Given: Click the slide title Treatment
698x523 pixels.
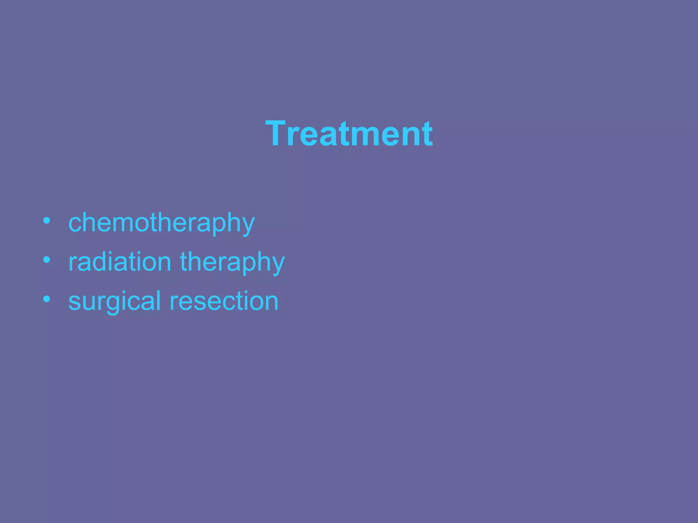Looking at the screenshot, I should coord(349,134).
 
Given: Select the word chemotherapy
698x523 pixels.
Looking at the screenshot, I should coord(162,223).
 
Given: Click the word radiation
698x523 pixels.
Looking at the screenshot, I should coord(120,262).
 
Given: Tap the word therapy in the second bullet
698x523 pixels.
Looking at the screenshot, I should coord(232,263).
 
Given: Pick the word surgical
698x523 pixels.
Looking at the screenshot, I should coord(115,302).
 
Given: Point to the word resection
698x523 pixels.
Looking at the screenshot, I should coord(224,301).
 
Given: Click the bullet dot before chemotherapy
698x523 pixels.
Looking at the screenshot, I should coord(47,221).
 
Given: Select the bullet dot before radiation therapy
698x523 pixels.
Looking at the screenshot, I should coord(47,260).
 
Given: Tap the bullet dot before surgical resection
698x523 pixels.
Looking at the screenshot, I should coord(47,299).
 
